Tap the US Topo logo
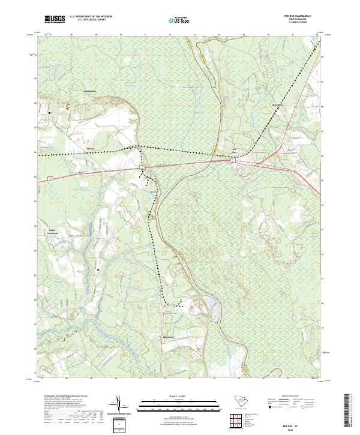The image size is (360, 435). [x=181, y=20]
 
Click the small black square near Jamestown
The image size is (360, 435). [x=49, y=112]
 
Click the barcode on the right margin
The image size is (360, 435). [x=349, y=412]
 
